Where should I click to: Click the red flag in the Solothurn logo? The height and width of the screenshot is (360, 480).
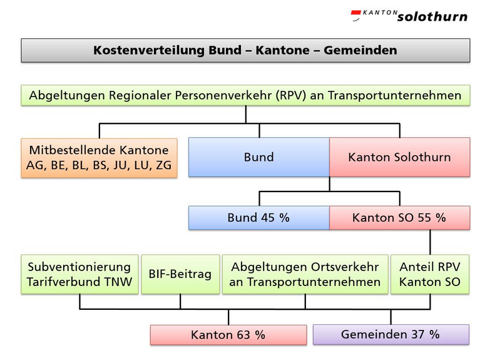point(355,14)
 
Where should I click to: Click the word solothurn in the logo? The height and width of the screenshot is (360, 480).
point(432,17)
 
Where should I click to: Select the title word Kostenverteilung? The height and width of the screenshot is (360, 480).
point(149,50)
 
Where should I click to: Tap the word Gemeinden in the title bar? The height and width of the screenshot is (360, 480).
point(360,50)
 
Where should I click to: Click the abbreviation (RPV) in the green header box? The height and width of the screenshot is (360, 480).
point(290,95)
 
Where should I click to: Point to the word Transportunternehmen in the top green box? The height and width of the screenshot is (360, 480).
point(395,95)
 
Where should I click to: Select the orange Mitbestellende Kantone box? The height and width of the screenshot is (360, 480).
point(99,158)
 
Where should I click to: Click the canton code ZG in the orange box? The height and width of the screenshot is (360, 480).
point(163,165)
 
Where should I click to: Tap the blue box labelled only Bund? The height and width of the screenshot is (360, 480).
point(259,157)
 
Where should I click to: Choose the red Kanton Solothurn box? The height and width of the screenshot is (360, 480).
point(399,157)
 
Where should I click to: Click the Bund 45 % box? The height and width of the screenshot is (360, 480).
point(259,217)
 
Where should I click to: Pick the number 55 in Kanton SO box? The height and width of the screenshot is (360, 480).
point(424,217)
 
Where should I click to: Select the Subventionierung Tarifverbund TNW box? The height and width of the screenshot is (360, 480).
point(79,274)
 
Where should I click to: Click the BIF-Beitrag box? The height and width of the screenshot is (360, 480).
point(180,274)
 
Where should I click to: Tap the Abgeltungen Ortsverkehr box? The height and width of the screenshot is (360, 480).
point(305,274)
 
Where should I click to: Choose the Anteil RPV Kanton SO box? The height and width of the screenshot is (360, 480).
point(430,274)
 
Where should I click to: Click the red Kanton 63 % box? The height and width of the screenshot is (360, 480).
point(228,335)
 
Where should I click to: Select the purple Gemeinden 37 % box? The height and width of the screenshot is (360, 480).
point(391,334)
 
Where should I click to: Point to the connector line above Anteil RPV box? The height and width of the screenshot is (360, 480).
point(430,242)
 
